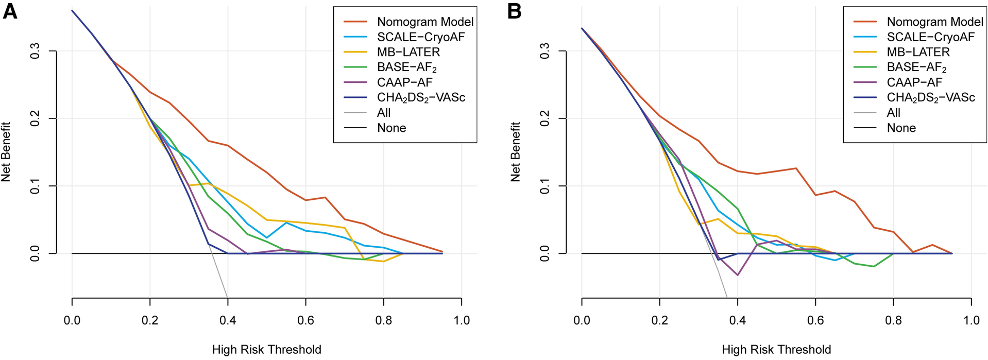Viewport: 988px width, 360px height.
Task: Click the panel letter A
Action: coord(10,11)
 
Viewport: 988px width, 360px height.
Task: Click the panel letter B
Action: coord(514,11)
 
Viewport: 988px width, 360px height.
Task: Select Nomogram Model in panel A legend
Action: coord(425,22)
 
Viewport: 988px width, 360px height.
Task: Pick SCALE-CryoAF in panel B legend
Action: coord(930,37)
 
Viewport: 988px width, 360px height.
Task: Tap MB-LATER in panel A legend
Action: coord(408,52)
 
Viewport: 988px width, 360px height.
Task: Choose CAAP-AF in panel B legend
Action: coord(914,82)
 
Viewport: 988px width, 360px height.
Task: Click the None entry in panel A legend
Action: coord(391,128)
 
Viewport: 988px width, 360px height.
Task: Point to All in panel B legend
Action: coord(894,113)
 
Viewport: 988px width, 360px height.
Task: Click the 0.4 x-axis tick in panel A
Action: coord(228,320)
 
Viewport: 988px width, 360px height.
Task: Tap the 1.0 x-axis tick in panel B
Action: coord(971,320)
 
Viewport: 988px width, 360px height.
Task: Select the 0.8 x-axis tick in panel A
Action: coord(383,320)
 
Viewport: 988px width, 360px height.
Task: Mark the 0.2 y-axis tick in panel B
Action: coord(544,118)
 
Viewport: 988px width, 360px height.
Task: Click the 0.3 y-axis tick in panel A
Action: coord(35,51)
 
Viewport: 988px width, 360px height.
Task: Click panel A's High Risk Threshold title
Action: coord(266,350)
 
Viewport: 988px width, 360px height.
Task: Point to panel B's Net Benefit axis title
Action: coord(515,152)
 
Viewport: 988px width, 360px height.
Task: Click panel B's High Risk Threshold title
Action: coord(776,350)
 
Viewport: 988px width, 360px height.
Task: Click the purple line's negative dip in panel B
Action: coord(737,275)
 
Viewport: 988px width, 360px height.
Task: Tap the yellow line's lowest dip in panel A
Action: coord(383,261)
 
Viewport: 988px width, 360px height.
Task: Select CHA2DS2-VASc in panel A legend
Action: coord(421,97)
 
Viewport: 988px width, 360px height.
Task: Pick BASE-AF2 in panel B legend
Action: coord(916,67)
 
